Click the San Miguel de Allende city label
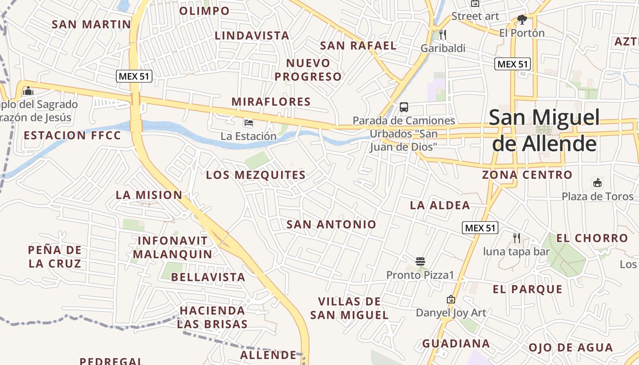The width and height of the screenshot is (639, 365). (x=543, y=130)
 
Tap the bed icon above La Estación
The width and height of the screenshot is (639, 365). (x=249, y=123)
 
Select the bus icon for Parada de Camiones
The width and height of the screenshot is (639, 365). (x=404, y=107)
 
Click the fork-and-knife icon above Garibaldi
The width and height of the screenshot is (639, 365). (x=442, y=34)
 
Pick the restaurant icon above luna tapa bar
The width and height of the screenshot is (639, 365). (x=516, y=238)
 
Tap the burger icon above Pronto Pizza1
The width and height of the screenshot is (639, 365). (x=420, y=261)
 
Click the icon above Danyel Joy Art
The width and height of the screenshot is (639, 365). (x=451, y=299)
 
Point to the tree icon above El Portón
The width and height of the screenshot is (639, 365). (x=522, y=19)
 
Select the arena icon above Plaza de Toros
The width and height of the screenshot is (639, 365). (x=597, y=182)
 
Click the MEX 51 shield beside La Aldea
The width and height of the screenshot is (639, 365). (x=480, y=228)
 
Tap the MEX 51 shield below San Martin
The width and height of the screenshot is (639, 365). (x=134, y=76)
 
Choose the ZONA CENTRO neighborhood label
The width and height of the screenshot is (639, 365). (x=527, y=175)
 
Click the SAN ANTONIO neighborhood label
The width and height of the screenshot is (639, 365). (x=331, y=224)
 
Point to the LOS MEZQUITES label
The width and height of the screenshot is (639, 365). (x=256, y=175)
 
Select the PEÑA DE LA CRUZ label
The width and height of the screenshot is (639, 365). (x=55, y=256)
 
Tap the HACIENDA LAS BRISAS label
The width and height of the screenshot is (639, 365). (x=212, y=317)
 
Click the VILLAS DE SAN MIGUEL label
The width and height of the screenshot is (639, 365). (x=349, y=308)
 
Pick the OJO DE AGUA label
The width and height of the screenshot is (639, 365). (x=571, y=347)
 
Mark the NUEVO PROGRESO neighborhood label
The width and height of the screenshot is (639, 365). (x=308, y=70)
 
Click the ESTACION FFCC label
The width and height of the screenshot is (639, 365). (x=73, y=136)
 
